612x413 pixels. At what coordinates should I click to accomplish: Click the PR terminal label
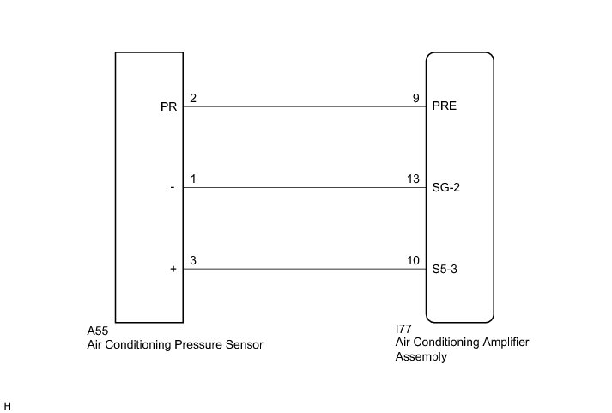pos(167,108)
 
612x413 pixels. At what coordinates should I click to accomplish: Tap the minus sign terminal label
pos(173,189)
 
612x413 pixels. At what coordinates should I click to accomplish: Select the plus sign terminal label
pos(173,270)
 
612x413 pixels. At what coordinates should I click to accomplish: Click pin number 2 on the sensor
pos(193,99)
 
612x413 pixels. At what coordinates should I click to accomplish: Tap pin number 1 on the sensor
pos(193,179)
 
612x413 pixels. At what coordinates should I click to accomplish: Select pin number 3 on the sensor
pos(193,260)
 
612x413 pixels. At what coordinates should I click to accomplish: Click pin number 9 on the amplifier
pos(415,99)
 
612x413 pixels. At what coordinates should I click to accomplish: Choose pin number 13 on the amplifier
pos(413,179)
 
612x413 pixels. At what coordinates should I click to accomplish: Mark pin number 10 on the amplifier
pos(413,260)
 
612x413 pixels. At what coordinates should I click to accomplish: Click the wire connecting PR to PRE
pos(305,107)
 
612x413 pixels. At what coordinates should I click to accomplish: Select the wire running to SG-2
pos(305,188)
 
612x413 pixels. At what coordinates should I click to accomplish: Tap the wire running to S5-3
pos(305,269)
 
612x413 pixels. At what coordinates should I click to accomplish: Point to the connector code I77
pos(403,329)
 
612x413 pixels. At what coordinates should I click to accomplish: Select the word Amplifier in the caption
pos(500,342)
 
